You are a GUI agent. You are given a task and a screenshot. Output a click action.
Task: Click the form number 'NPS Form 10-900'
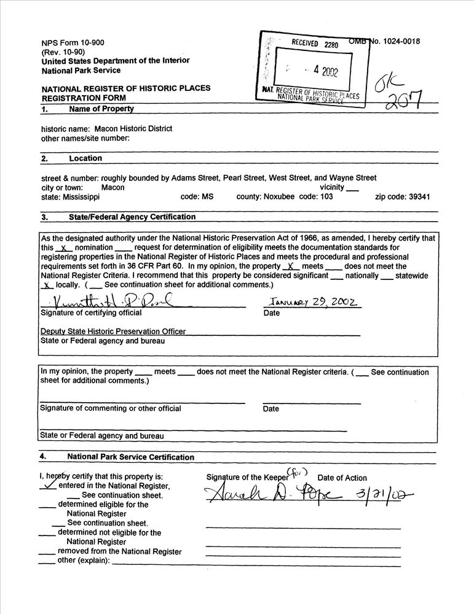73,42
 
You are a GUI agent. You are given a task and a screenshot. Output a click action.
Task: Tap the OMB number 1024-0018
400,41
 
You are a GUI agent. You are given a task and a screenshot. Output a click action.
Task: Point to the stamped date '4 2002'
324,70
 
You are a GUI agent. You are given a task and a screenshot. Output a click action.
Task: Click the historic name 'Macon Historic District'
134,129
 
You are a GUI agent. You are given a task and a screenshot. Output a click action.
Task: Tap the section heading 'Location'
85,158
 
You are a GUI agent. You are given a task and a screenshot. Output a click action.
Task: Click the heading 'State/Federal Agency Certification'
132,217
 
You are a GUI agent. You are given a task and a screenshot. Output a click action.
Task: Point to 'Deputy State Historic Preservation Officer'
113,332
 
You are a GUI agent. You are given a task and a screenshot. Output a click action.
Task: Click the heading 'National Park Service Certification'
130,457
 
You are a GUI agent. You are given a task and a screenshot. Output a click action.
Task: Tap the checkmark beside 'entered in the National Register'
47,484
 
